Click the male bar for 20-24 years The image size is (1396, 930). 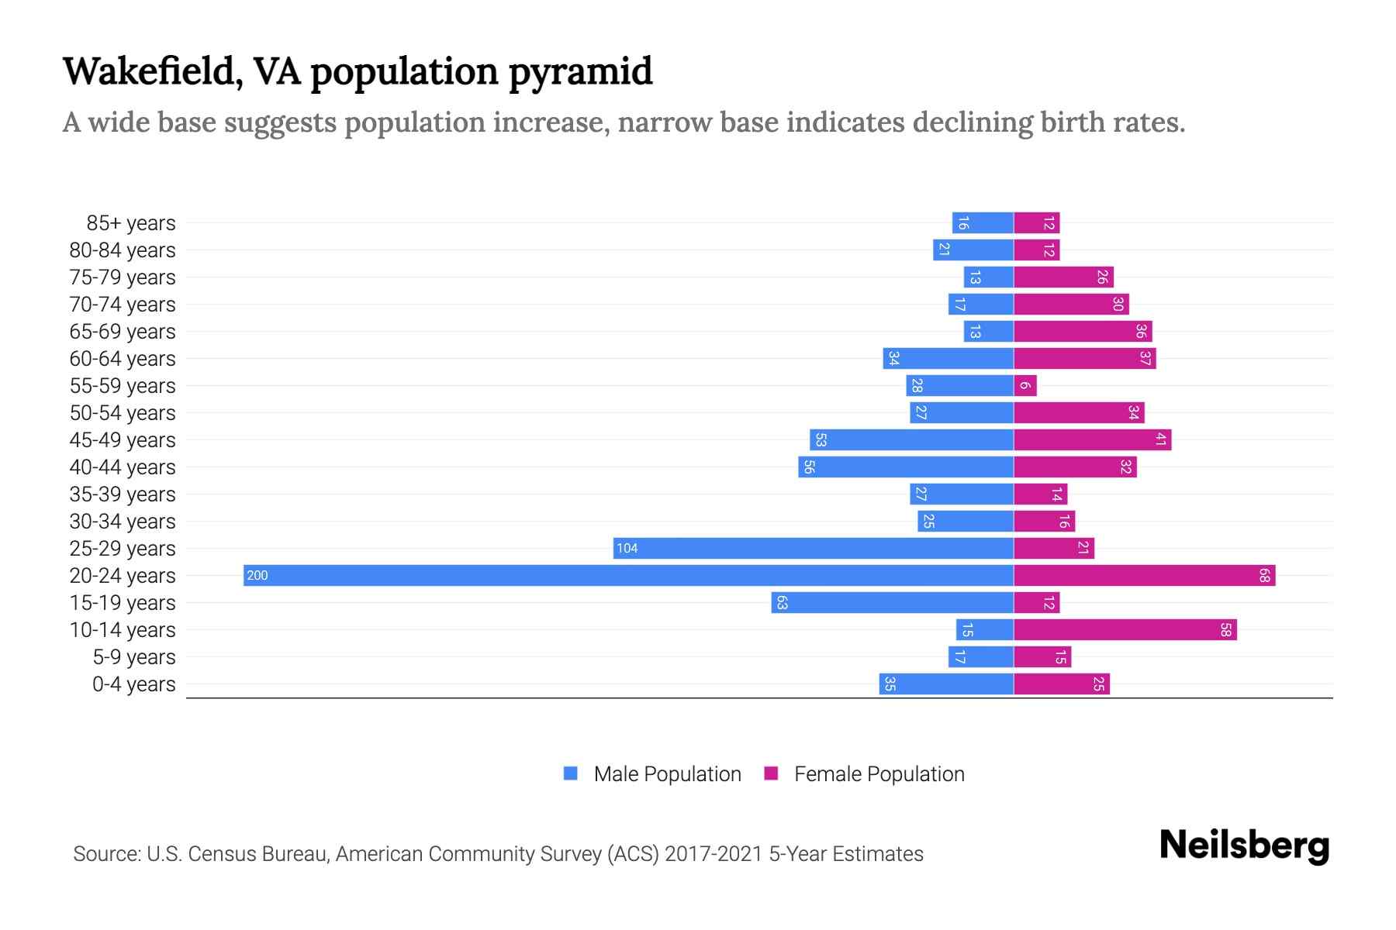coord(628,575)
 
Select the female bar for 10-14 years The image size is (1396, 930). coord(1125,629)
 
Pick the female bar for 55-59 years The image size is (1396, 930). coord(1025,385)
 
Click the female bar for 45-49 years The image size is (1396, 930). coord(1092,439)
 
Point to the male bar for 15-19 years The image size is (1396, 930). coord(892,602)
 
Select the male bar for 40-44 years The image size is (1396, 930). coord(906,467)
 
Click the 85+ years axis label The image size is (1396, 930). coord(130,223)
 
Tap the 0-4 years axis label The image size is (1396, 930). coord(133,684)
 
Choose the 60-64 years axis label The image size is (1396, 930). coord(123,359)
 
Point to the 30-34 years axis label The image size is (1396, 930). coord(123,522)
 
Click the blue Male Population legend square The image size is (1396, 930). coord(571,773)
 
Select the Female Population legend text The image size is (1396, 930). coord(879,773)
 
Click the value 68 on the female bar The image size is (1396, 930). coord(1264,575)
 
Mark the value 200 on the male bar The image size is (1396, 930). coord(257,575)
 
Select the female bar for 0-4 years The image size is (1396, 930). coord(1061,684)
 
